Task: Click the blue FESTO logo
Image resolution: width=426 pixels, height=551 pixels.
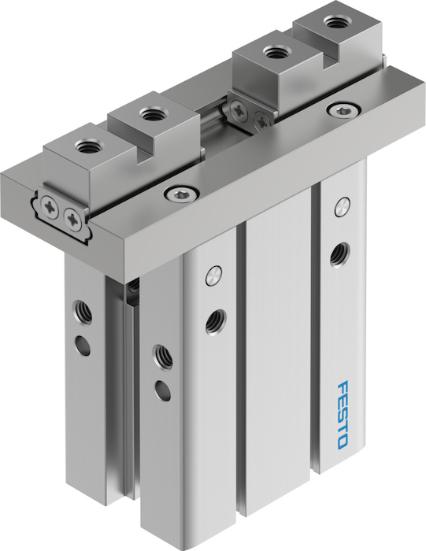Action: (x=343, y=414)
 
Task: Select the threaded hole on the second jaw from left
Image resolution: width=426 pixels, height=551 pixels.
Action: (x=150, y=113)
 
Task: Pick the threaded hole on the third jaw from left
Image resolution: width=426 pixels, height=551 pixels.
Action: (x=275, y=53)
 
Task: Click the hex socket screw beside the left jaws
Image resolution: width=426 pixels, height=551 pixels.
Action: (x=182, y=193)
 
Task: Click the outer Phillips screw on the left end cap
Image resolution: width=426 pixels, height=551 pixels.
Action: (x=49, y=205)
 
